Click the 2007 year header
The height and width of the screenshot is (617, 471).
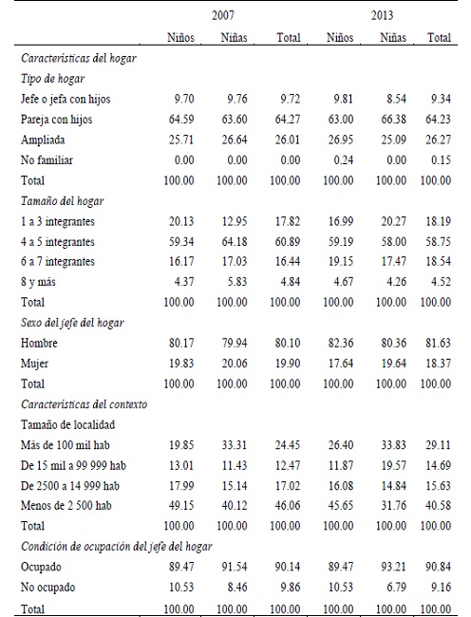(226, 16)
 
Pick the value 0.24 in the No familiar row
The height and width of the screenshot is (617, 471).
(342, 159)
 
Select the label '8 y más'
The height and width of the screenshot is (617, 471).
(38, 281)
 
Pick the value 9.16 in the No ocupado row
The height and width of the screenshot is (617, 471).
(439, 585)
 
